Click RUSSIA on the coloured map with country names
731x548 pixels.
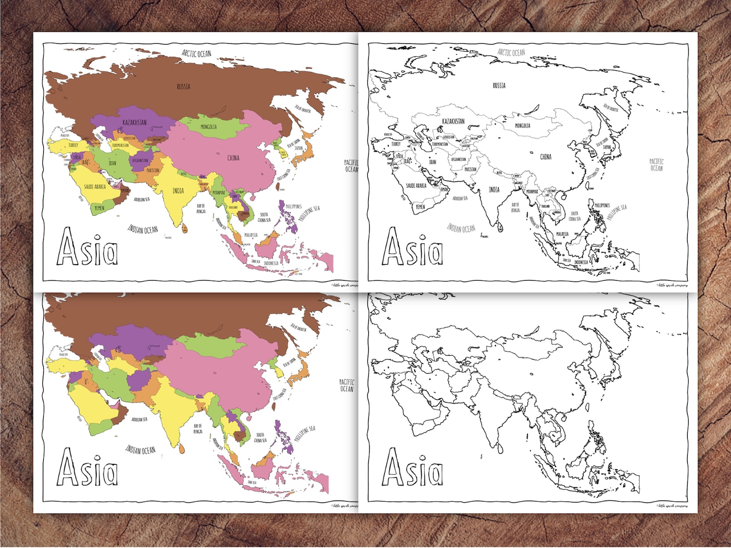(x=183, y=87)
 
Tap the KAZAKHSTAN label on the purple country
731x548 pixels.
(x=134, y=122)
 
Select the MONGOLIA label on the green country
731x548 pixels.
(x=209, y=127)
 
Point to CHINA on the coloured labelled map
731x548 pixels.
(x=233, y=158)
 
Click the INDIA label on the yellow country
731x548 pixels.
(x=178, y=190)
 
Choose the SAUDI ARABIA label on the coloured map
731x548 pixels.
(x=95, y=186)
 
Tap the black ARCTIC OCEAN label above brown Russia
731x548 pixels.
(x=197, y=53)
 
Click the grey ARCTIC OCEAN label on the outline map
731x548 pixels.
(x=511, y=52)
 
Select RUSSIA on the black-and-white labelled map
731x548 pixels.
(x=499, y=86)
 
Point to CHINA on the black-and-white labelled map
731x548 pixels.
(x=545, y=157)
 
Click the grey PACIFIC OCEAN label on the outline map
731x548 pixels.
(x=656, y=165)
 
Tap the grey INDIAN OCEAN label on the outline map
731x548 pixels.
(x=461, y=227)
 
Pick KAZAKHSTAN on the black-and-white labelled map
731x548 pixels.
(x=453, y=121)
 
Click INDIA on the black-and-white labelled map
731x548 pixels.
(x=494, y=190)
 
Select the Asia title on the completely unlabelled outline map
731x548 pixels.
(x=412, y=467)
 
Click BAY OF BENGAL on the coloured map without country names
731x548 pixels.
(x=198, y=429)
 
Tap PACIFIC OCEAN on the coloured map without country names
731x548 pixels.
(x=347, y=385)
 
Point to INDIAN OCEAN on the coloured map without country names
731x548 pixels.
(x=140, y=449)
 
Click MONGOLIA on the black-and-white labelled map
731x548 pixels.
(x=522, y=126)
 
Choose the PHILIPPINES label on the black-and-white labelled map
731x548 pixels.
(x=602, y=205)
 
